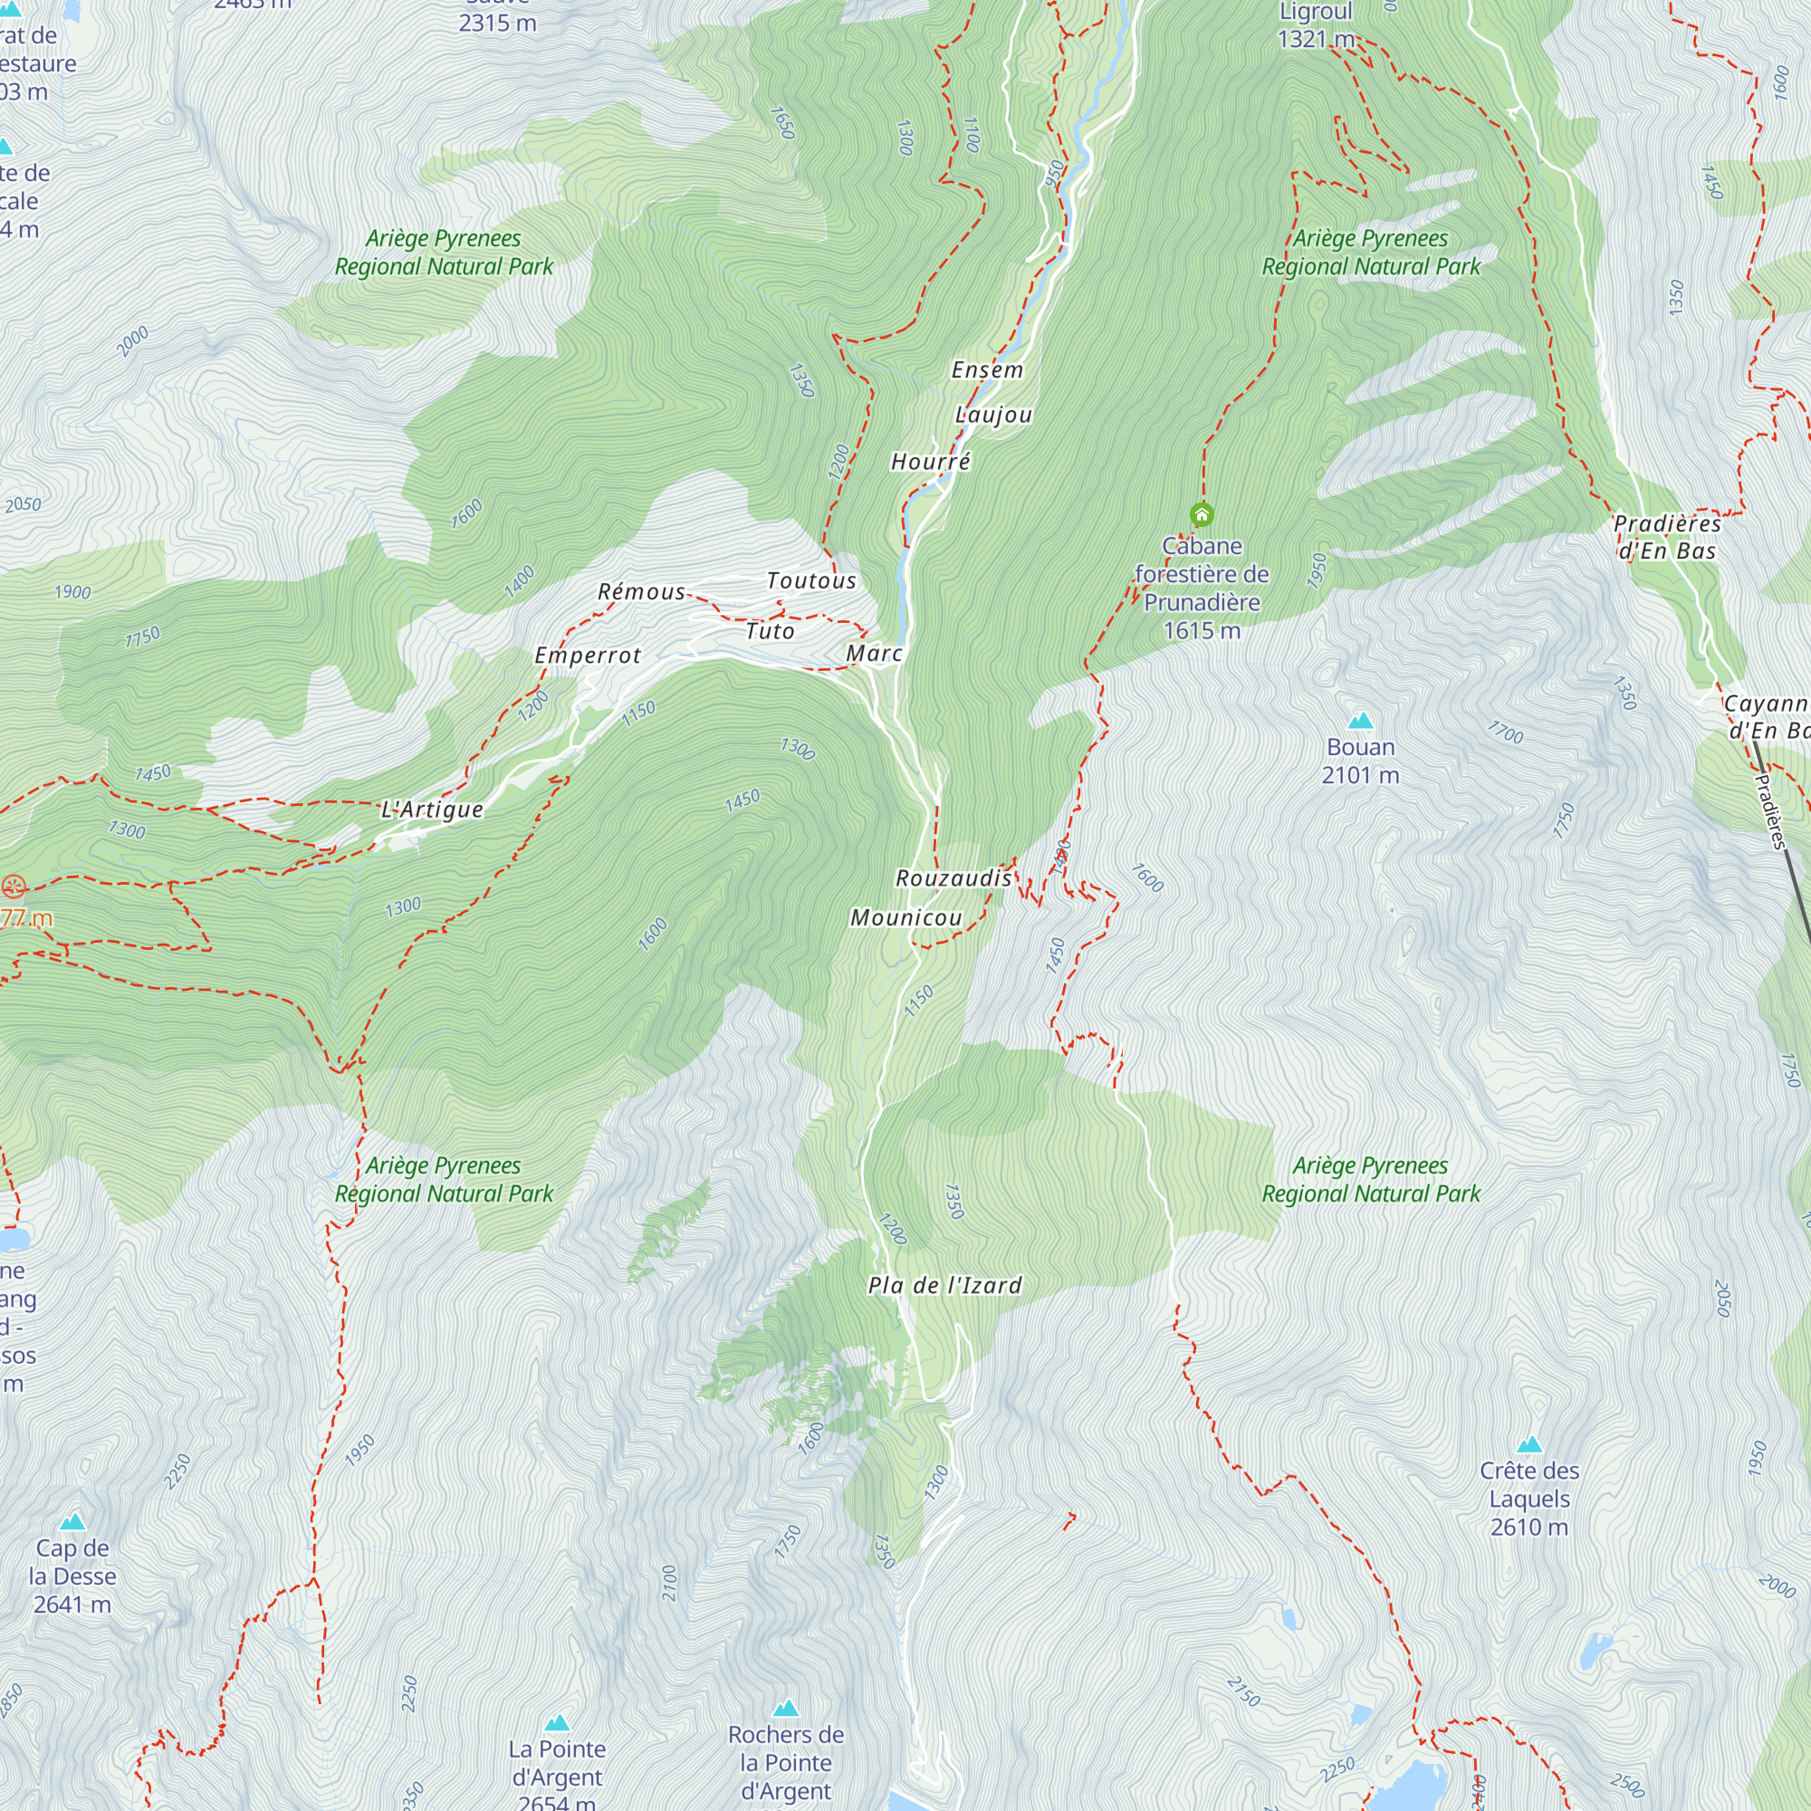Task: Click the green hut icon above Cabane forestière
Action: pyautogui.click(x=1202, y=513)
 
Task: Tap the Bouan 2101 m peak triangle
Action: pyautogui.click(x=1360, y=721)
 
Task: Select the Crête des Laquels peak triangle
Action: pyautogui.click(x=1528, y=1444)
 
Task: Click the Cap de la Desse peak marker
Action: pyautogui.click(x=72, y=1522)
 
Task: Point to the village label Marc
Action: pyautogui.click(x=874, y=654)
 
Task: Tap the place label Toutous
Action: pyautogui.click(x=810, y=581)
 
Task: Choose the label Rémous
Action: pyautogui.click(x=641, y=592)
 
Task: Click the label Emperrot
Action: pyautogui.click(x=588, y=656)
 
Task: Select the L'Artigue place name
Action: pyautogui.click(x=432, y=809)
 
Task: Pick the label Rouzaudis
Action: pyautogui.click(x=953, y=878)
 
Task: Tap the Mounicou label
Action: pyautogui.click(x=905, y=917)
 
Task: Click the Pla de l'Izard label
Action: pyautogui.click(x=944, y=1285)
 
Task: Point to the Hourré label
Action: pyautogui.click(x=930, y=461)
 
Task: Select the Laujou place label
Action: pyautogui.click(x=993, y=415)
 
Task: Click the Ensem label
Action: pyautogui.click(x=987, y=370)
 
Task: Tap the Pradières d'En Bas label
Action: pyautogui.click(x=1667, y=537)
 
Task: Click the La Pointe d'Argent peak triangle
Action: pyautogui.click(x=557, y=1723)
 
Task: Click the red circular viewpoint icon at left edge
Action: pyautogui.click(x=13, y=886)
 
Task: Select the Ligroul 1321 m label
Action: pyautogui.click(x=1315, y=25)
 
